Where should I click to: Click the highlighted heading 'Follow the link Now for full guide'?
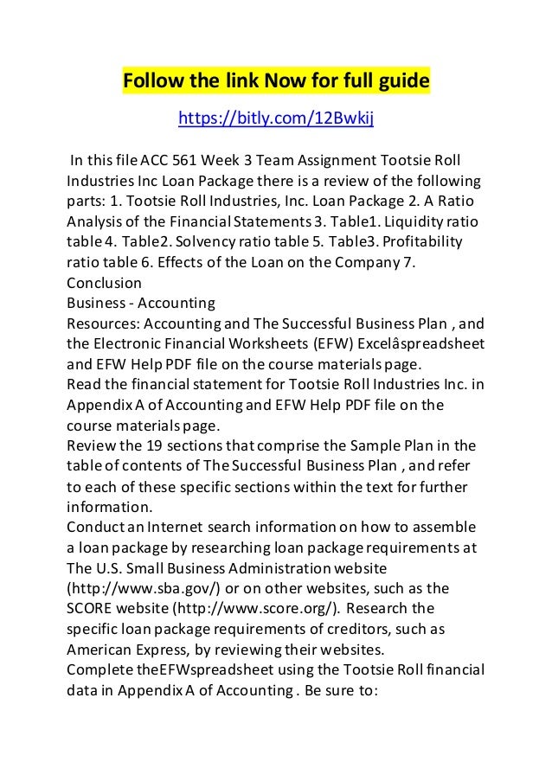(x=275, y=82)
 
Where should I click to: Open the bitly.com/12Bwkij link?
(x=275, y=118)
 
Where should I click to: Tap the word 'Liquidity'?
(x=408, y=221)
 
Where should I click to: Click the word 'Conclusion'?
(x=104, y=282)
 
